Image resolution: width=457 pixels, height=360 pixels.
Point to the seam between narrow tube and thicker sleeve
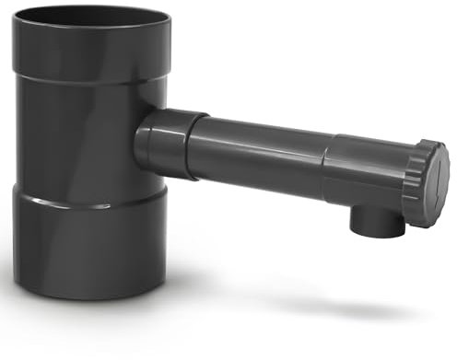pos(325,166)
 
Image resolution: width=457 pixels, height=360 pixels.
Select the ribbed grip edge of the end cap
pos(416,184)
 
